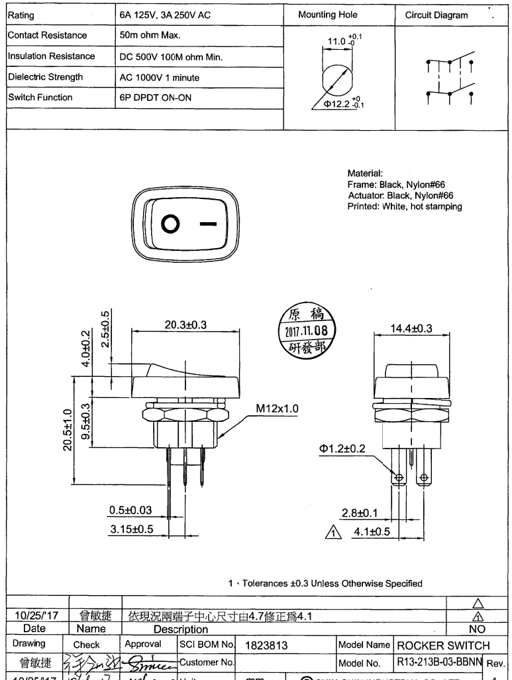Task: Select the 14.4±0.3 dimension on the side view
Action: pos(411,328)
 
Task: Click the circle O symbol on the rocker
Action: pos(170,225)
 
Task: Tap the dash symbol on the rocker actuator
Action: pos(208,225)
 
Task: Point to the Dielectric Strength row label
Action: pos(46,77)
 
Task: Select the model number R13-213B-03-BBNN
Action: pos(441,661)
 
